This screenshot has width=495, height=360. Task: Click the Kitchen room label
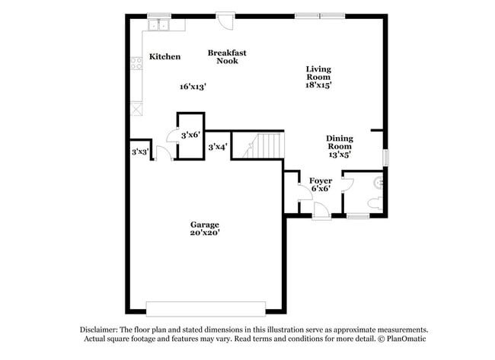pyautogui.click(x=164, y=56)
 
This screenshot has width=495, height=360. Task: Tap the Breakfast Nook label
pyautogui.click(x=227, y=56)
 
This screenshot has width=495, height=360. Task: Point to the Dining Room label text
pyautogui.click(x=340, y=142)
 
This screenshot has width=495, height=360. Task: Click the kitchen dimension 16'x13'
pyautogui.click(x=193, y=87)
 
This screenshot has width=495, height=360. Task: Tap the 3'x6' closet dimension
pyautogui.click(x=189, y=135)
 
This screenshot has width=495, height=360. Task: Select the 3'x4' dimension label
pyautogui.click(x=218, y=146)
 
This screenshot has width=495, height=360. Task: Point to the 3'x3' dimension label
pyautogui.click(x=139, y=152)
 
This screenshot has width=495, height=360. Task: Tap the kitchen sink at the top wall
pyautogui.click(x=160, y=25)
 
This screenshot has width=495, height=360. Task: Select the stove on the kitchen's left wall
pyautogui.click(x=136, y=64)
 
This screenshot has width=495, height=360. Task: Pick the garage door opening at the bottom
pyautogui.click(x=205, y=308)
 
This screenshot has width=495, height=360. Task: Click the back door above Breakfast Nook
pyautogui.click(x=225, y=19)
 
